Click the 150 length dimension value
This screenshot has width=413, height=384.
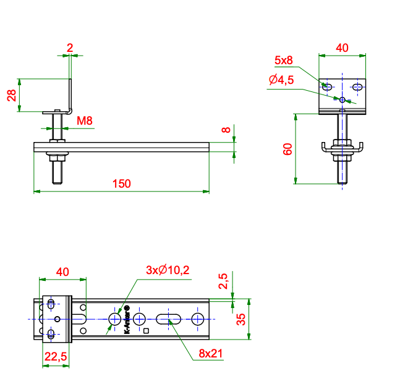tap(121, 183)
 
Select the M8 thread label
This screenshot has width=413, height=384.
tap(85, 121)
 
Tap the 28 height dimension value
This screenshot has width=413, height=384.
tap(12, 95)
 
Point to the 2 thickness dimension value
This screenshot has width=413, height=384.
tap(70, 48)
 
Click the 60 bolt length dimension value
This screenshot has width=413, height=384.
tap(287, 149)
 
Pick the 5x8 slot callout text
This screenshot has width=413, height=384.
tap(283, 61)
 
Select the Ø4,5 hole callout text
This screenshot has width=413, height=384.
tap(281, 80)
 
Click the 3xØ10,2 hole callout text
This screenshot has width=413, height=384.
tap(168, 270)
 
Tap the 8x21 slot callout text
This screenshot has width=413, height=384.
tap(210, 353)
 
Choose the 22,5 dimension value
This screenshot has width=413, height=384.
tap(56, 357)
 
